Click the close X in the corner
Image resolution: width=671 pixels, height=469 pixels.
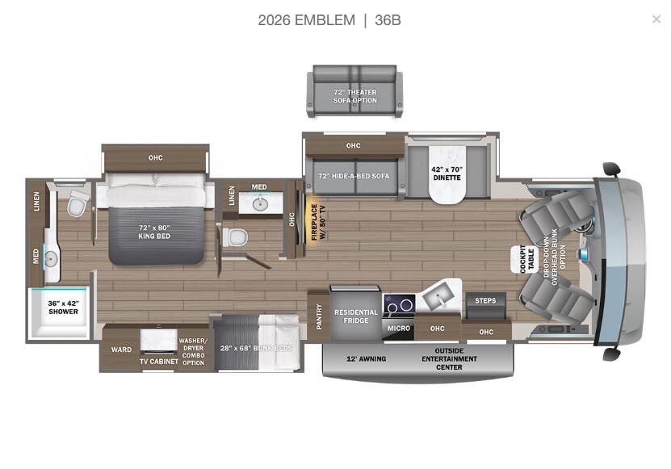656,19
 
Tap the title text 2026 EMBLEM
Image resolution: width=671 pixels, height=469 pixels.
306,20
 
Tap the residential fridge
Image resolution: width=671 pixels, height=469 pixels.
355,316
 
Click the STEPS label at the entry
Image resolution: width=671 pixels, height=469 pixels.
485,301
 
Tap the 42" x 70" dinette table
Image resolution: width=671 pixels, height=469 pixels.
447,174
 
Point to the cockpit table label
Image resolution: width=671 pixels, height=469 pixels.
521,259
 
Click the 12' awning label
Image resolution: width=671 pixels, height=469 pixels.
366,358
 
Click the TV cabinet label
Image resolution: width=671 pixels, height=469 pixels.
158,361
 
